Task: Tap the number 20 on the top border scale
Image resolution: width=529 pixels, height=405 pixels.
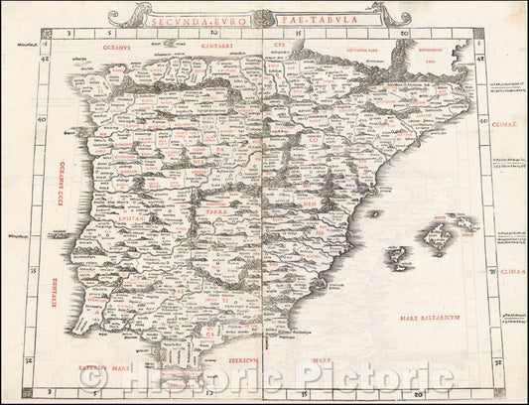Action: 404,34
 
